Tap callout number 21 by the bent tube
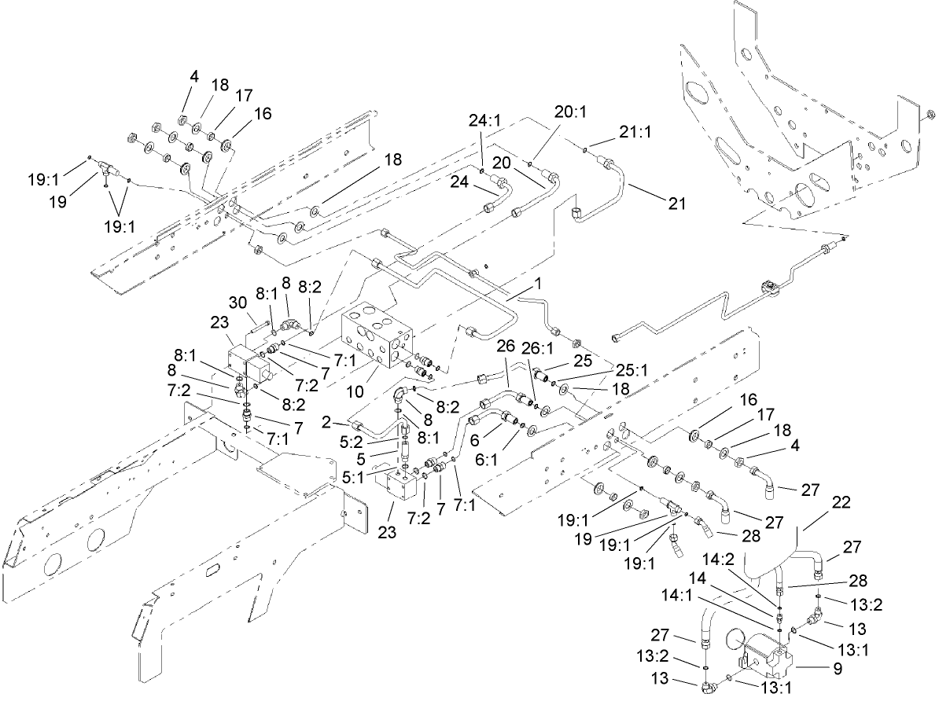(676, 204)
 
